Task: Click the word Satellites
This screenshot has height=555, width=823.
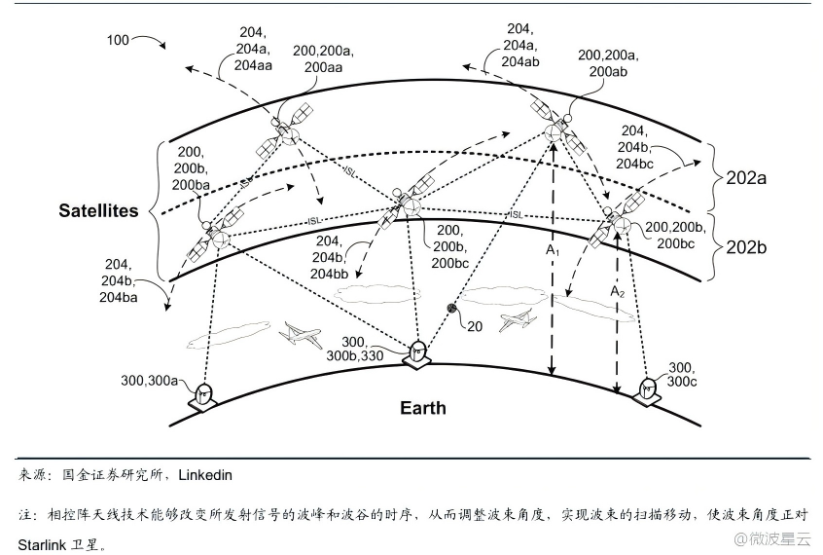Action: [98, 210]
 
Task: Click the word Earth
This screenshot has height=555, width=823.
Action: [423, 407]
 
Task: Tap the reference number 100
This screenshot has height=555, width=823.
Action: [118, 40]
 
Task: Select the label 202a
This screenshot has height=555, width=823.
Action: [747, 179]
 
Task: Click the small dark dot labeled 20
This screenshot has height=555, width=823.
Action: [451, 309]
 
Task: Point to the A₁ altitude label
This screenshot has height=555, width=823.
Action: [553, 252]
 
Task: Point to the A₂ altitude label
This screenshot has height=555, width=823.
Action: [617, 291]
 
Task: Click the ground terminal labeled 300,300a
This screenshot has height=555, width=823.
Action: [204, 394]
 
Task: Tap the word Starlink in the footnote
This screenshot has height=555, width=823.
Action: [43, 543]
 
